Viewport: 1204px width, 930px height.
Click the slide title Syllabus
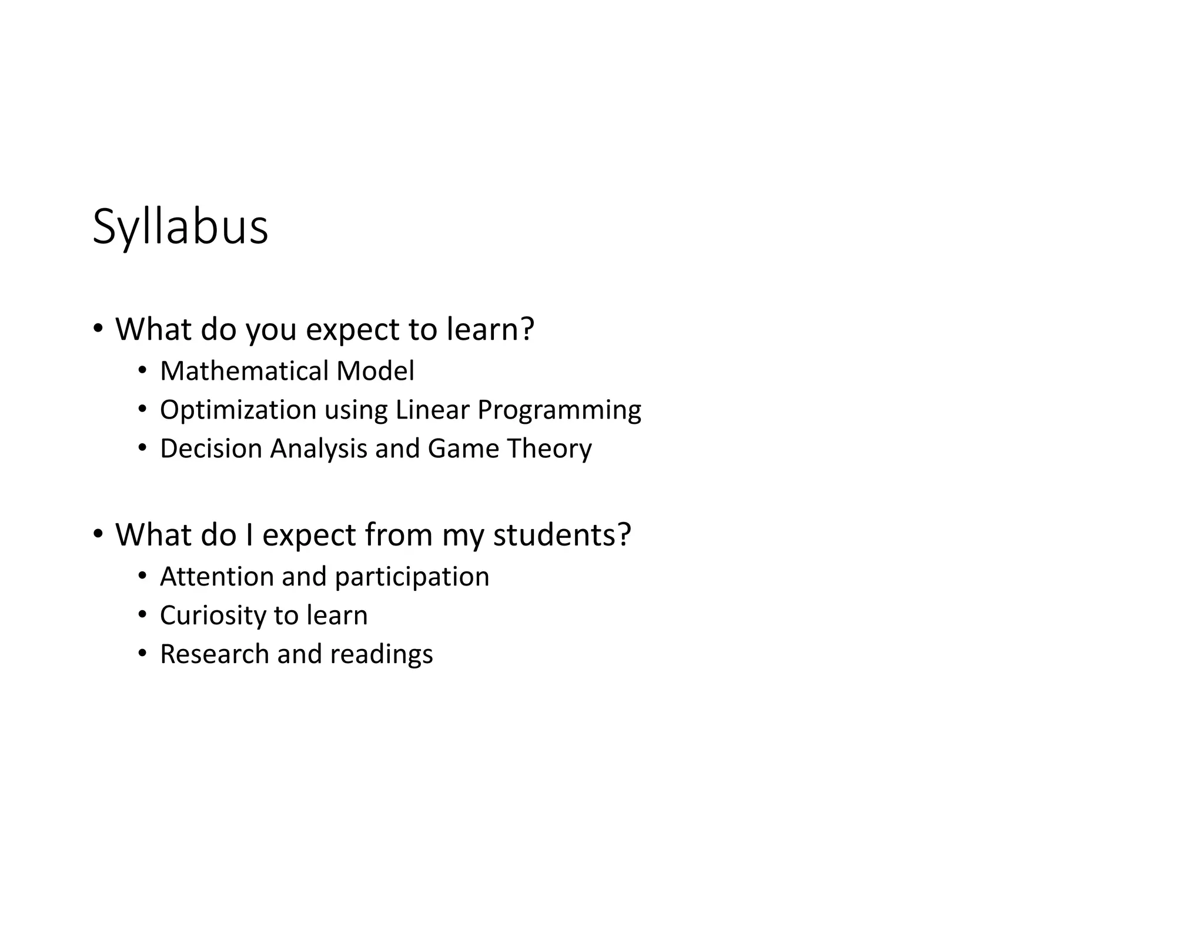click(180, 227)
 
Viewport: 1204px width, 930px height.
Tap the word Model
click(375, 371)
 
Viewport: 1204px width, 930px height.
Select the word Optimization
click(238, 410)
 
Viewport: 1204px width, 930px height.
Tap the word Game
click(463, 449)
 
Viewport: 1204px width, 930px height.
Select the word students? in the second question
click(561, 535)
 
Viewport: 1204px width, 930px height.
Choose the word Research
click(214, 654)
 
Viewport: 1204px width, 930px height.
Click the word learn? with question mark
click(490, 329)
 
